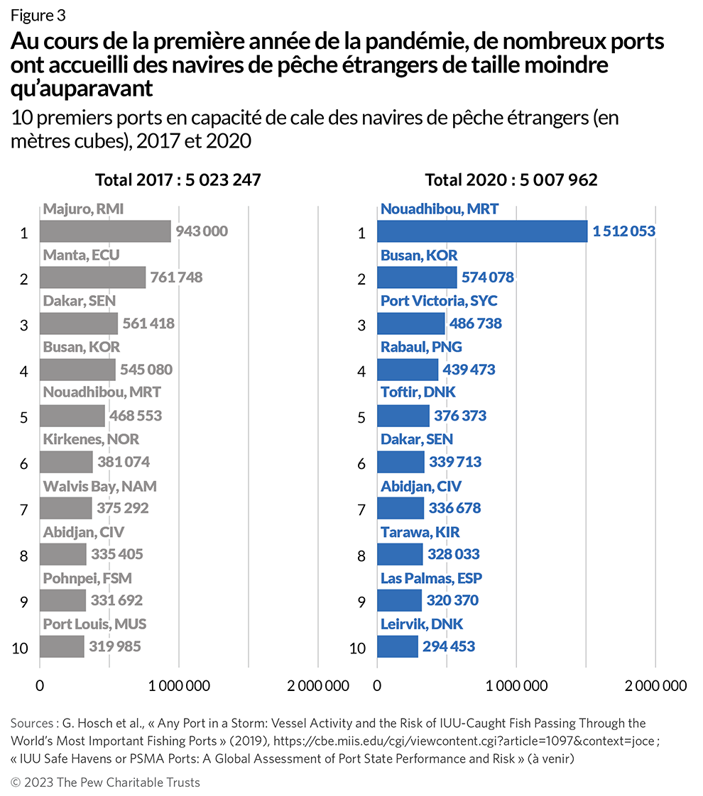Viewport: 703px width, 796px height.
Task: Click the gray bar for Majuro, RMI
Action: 105,231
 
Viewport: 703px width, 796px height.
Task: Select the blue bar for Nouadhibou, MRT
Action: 482,231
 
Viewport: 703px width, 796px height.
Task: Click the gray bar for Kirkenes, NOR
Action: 66,463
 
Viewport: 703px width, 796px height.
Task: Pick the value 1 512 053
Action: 623,231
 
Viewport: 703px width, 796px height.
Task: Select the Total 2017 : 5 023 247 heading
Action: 178,180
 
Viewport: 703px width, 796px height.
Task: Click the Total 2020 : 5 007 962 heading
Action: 511,180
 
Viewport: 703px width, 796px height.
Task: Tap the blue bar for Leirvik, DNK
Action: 398,646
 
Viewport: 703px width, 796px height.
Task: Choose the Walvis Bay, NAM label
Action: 99,486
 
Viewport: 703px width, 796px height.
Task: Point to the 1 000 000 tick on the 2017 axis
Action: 178,686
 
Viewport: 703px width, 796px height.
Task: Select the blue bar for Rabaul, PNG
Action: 408,370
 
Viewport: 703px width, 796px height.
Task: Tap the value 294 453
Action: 449,646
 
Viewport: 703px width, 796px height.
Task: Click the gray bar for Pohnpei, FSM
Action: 62,600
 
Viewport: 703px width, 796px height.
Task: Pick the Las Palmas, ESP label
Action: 431,578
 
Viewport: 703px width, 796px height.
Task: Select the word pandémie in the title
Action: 403,42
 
